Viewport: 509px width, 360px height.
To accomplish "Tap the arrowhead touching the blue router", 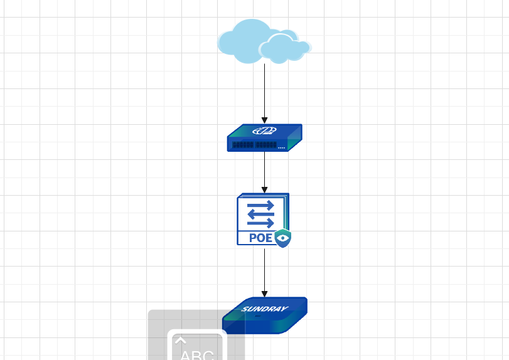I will (x=265, y=120).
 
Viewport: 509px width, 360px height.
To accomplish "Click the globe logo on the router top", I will (x=264, y=131).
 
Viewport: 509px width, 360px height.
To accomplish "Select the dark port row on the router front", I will (x=254, y=145).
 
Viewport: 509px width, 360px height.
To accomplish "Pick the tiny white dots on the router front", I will (x=281, y=148).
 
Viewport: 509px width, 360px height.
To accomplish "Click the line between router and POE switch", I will (x=265, y=171).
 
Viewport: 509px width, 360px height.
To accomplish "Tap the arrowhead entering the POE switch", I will (x=265, y=189).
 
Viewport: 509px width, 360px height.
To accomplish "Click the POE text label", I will (x=261, y=238).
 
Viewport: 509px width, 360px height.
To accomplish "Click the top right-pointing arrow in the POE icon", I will (x=260, y=205).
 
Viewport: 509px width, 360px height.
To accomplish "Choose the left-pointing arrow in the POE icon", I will (x=260, y=214).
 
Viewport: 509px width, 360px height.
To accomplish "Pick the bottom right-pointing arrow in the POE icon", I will (x=260, y=223).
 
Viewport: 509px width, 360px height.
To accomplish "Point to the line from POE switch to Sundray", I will (x=265, y=270).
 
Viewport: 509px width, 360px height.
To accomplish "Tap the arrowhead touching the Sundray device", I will (x=265, y=294).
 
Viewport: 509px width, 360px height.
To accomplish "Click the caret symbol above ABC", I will (x=181, y=341).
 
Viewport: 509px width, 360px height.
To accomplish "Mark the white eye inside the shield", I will (x=284, y=238).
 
